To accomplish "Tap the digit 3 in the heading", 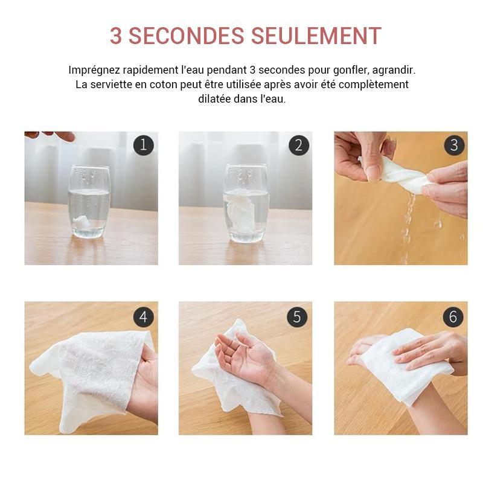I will pos(116,36).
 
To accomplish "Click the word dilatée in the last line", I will pos(215,99).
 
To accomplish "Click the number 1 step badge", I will pos(143,146).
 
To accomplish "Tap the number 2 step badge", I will pos(298,146).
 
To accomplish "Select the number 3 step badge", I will pos(453,146).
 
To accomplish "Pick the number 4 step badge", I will pos(143,316).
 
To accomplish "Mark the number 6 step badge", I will pos(453,316).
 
